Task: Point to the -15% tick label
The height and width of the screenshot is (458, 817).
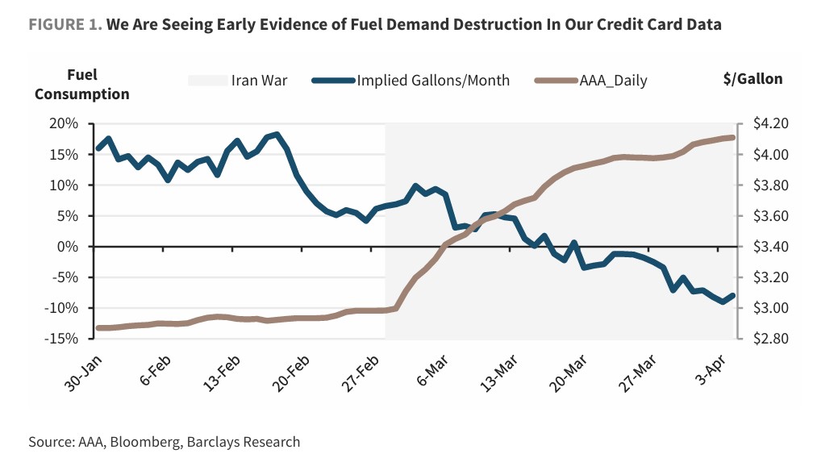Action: pos(61,339)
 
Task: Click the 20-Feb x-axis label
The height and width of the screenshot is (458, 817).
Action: pos(292,370)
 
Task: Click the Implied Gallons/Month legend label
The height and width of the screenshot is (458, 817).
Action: pos(433,81)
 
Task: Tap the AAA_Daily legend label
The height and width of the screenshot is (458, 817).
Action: pos(613,81)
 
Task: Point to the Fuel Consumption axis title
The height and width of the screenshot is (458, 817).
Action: pos(81,85)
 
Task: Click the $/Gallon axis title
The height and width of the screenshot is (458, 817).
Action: pos(752,79)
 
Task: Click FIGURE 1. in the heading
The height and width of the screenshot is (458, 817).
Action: pos(65,24)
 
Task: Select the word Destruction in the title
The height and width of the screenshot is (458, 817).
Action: pos(485,24)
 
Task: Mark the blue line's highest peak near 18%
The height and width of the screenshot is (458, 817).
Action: pos(277,135)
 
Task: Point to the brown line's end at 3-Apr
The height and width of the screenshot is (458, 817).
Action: pos(732,137)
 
